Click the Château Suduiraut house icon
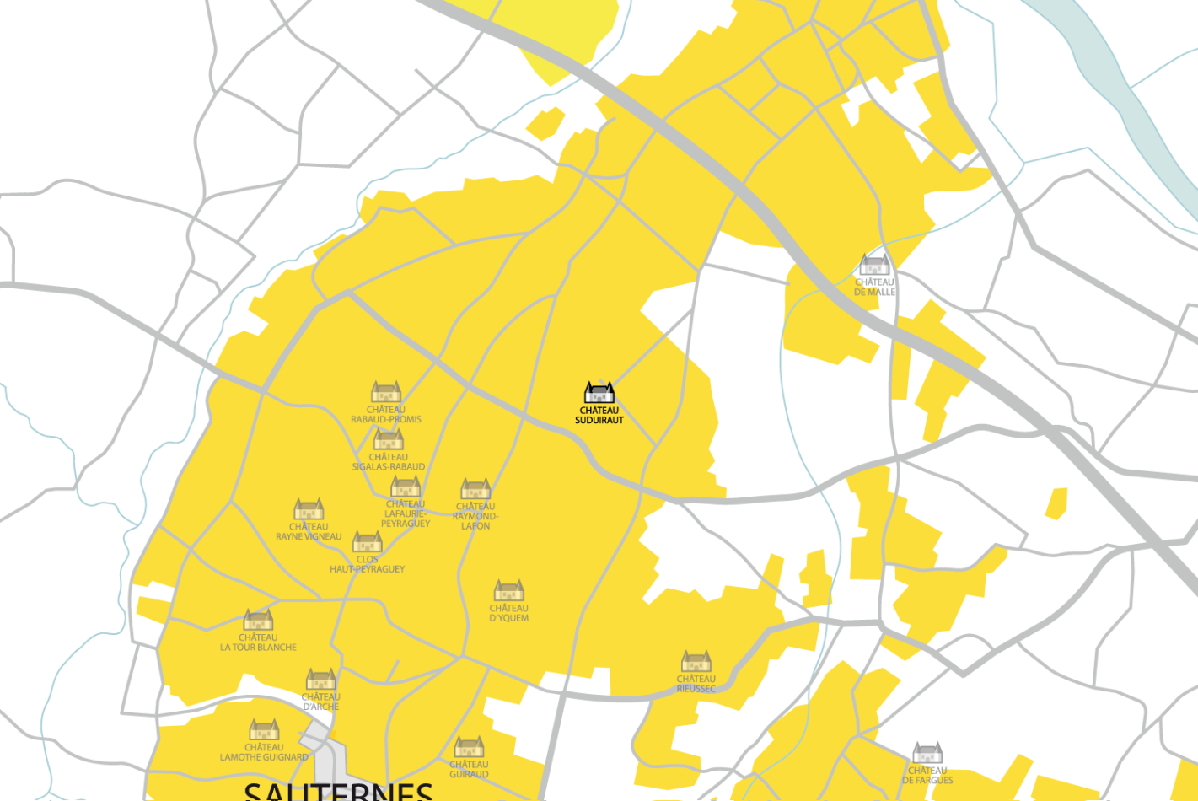coord(599,392)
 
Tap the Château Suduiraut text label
coord(599,415)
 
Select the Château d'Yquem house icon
coord(509,590)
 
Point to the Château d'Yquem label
coord(509,613)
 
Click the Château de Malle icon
coord(874,265)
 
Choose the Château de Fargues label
coord(927,776)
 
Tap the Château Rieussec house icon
coord(696,661)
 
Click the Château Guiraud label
coord(469,770)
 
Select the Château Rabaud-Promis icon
coord(386,392)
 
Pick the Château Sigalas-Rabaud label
coord(389,462)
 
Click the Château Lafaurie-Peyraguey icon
coord(406,487)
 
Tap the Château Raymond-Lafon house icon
coord(475,489)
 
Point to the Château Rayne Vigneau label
coord(309,532)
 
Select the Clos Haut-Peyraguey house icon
coord(368,541)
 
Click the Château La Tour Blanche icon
coord(258,621)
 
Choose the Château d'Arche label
coord(321,702)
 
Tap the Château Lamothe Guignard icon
coord(264,729)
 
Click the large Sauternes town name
coord(338,791)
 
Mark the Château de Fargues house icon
coord(927,753)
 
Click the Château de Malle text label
coord(874,288)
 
